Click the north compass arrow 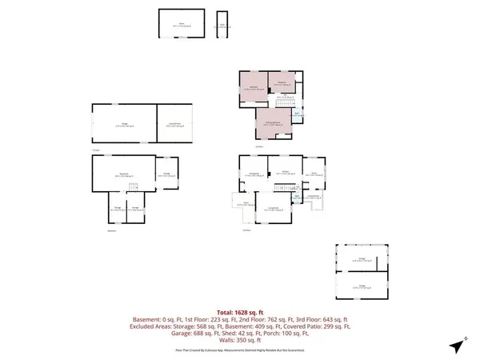coord(457,346)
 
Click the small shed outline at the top coord(222,25)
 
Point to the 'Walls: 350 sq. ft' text coord(240,341)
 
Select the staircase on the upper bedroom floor coord(284,103)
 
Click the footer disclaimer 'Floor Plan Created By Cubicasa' coord(240,350)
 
